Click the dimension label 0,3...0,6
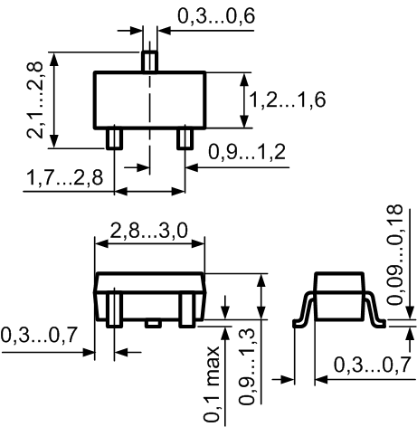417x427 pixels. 216,16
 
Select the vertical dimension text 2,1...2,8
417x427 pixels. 35,100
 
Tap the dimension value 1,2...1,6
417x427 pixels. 288,100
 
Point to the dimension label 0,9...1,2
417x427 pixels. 247,152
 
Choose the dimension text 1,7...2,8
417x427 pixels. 65,177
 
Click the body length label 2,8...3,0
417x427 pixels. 148,231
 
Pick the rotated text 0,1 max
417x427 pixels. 212,384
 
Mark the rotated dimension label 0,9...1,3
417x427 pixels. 248,365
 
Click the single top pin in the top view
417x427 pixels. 150,62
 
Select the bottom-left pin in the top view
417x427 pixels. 114,138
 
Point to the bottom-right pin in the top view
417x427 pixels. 185,138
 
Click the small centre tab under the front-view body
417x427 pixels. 153,323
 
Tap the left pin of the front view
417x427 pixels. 114,309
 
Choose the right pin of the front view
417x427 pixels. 187,309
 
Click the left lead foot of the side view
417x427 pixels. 299,324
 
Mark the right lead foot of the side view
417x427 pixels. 380,324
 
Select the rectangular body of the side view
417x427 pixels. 339,296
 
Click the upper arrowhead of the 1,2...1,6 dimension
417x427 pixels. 245,79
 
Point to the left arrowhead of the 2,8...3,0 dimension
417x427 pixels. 101,243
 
